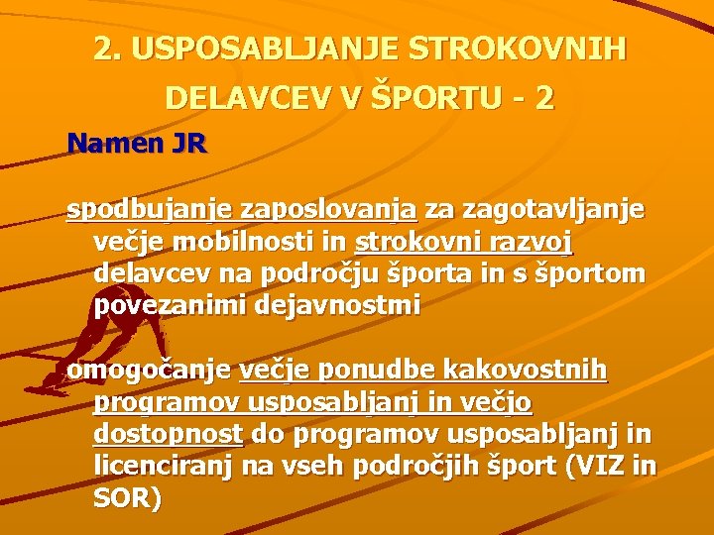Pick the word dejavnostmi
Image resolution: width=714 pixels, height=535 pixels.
pyautogui.click(x=337, y=305)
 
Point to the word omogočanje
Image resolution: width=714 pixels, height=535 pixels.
pyautogui.click(x=149, y=371)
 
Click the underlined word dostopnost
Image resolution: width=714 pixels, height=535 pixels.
pyautogui.click(x=168, y=435)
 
